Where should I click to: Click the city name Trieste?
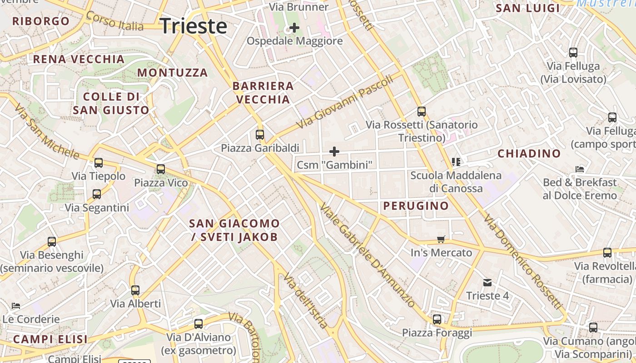pos(194,26)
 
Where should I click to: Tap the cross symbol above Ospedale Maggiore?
pos(294,28)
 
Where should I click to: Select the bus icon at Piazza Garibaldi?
pos(260,134)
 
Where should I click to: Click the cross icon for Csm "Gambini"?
pos(334,152)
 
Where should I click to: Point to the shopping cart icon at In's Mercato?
pos(441,239)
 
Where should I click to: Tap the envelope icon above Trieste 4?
pos(487,283)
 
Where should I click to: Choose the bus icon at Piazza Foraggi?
pos(437,319)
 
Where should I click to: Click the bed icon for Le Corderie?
pos(16,305)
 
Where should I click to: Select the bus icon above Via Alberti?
pos(135,290)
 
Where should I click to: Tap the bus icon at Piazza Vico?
pos(161,169)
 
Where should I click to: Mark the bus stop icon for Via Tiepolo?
pos(99,162)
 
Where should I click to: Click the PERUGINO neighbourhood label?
pos(416,206)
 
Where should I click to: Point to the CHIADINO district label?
pos(529,154)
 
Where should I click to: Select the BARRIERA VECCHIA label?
pos(263,93)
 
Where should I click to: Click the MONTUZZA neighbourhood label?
pos(173,73)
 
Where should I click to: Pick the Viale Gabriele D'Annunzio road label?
pos(367,255)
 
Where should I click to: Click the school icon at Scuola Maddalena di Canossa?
pos(456,162)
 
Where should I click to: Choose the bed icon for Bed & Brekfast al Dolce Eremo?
pos(580,169)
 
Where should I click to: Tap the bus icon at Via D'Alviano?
pos(199,324)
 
